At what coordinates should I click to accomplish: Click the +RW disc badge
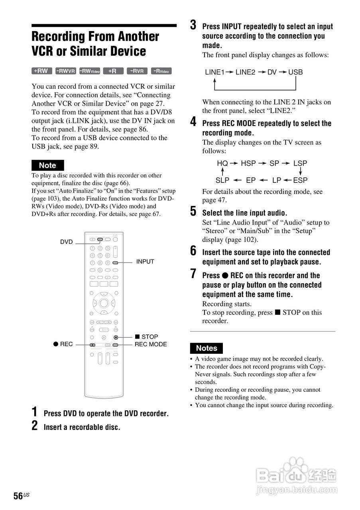[41, 71]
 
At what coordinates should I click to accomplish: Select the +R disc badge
[113, 71]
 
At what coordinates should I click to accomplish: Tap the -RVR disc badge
[137, 71]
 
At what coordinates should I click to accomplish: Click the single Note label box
[47, 165]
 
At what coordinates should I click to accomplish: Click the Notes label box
[206, 348]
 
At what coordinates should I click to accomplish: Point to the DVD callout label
[67, 242]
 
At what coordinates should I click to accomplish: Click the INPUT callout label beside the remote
[145, 262]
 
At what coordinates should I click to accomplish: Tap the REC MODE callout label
[151, 344]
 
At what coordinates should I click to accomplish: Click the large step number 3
[193, 25]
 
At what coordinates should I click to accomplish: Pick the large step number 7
[193, 274]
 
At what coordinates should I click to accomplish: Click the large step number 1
[35, 412]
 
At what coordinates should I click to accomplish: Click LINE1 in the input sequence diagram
[215, 72]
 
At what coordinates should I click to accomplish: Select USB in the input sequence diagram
[295, 72]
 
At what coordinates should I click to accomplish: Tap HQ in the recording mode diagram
[222, 163]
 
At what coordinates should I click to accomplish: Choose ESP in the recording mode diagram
[300, 180]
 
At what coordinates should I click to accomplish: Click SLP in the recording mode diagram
[222, 180]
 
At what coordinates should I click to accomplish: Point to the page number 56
[18, 496]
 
